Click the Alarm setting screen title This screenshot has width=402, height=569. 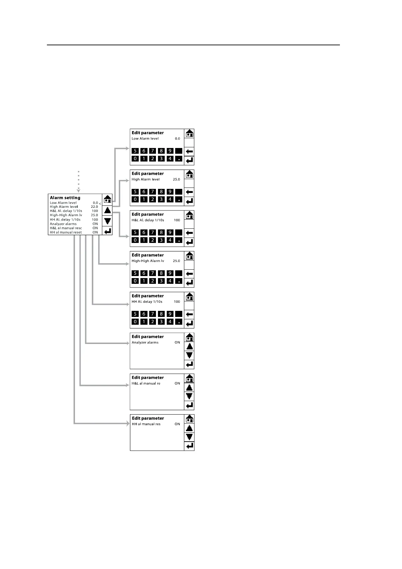[x=65, y=198]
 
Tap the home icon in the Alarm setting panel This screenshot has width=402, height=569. [x=108, y=199]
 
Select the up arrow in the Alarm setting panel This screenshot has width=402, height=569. [x=108, y=210]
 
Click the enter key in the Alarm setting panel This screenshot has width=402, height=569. [x=108, y=231]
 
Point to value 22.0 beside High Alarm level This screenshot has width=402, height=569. [x=95, y=207]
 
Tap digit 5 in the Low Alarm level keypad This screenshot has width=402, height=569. [x=135, y=151]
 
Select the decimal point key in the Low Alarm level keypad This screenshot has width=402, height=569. [x=179, y=159]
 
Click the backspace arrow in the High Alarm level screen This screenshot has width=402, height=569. [x=189, y=192]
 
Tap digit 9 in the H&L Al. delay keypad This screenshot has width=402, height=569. [x=170, y=232]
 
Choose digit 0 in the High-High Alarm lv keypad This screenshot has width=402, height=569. [x=135, y=281]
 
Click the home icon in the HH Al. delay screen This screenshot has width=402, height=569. [x=190, y=297]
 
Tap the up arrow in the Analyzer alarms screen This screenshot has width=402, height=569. [x=189, y=346]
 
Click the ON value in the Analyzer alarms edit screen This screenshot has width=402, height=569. [x=177, y=342]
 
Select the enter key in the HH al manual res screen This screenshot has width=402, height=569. [x=190, y=446]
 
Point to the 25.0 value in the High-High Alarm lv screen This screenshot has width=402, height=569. [x=176, y=261]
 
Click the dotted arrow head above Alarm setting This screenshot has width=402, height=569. [x=79, y=191]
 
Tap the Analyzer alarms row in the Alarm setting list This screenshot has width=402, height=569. [x=63, y=224]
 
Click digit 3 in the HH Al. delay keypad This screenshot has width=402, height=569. [x=161, y=322]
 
